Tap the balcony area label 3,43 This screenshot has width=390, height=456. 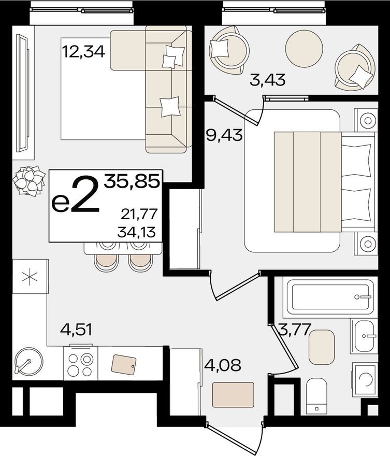(x=268, y=80)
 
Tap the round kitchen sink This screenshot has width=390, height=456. (x=28, y=361)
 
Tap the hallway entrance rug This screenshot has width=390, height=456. (x=233, y=395)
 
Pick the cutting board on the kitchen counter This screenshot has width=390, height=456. (x=124, y=364)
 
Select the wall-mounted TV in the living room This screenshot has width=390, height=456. (x=22, y=91)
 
